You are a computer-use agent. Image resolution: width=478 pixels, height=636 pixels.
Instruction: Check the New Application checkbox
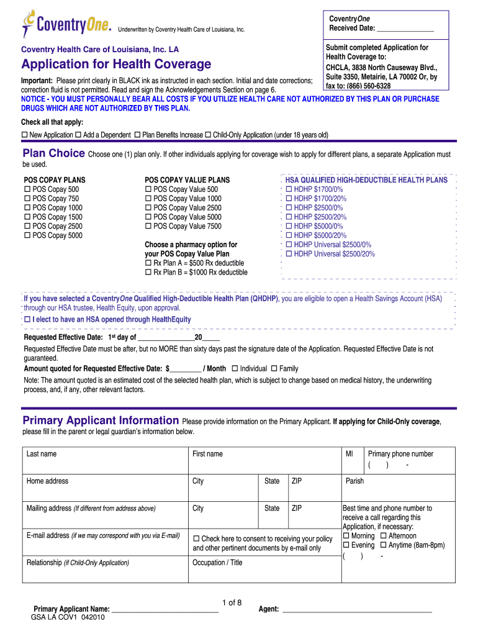[25, 135]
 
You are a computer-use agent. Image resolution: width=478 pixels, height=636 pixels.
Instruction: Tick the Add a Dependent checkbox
[79, 135]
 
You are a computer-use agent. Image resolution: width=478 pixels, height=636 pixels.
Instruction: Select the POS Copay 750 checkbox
[27, 199]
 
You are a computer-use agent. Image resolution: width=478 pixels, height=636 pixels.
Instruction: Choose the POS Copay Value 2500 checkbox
[148, 208]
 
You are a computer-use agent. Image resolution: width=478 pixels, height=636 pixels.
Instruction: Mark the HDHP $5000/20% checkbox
[289, 235]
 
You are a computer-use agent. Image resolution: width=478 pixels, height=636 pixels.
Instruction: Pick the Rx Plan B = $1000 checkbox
[148, 273]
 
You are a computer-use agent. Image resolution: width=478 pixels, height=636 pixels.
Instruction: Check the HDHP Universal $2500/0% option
[289, 245]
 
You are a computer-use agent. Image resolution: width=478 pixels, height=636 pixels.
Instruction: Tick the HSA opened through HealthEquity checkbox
[27, 319]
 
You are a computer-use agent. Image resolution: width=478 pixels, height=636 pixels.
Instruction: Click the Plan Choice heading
[53, 153]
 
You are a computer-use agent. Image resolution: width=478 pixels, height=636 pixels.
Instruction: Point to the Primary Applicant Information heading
[101, 420]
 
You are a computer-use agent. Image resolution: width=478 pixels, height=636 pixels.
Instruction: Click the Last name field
[105, 460]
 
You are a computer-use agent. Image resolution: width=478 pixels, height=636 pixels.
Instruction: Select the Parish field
[398, 488]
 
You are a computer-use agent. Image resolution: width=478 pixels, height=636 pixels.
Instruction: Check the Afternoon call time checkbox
[384, 536]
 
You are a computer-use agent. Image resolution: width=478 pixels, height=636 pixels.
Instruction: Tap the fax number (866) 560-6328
[367, 86]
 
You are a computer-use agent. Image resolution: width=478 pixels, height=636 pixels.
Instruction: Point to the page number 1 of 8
[231, 602]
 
